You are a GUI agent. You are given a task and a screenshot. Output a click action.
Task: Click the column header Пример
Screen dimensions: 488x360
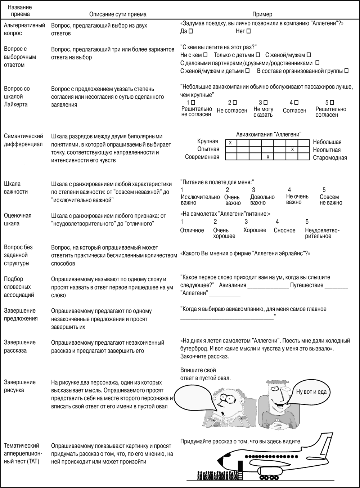(262, 14)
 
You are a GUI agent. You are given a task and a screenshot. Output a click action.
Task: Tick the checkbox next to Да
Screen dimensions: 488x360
(191, 31)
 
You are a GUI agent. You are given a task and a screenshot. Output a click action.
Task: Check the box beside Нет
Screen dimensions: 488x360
(248, 31)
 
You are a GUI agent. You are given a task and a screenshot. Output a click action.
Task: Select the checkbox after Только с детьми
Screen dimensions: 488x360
(258, 55)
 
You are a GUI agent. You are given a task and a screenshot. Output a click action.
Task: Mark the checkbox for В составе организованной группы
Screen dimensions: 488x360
(346, 71)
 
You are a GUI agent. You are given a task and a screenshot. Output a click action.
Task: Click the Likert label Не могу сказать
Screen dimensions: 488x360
(263, 112)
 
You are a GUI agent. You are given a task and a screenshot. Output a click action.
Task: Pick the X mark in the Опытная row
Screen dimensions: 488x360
(292, 149)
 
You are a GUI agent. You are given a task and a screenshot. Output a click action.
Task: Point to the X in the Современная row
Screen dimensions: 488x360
(267, 157)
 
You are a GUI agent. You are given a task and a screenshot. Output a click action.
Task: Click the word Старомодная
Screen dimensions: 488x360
(330, 158)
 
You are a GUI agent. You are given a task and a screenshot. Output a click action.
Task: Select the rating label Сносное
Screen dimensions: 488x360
(284, 230)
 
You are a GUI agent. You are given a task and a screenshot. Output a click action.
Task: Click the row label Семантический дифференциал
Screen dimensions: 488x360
(23, 140)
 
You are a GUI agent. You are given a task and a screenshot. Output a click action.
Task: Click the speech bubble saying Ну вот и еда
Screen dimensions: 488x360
(311, 391)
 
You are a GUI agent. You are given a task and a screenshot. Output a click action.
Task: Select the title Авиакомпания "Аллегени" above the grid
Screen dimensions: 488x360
(269, 134)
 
